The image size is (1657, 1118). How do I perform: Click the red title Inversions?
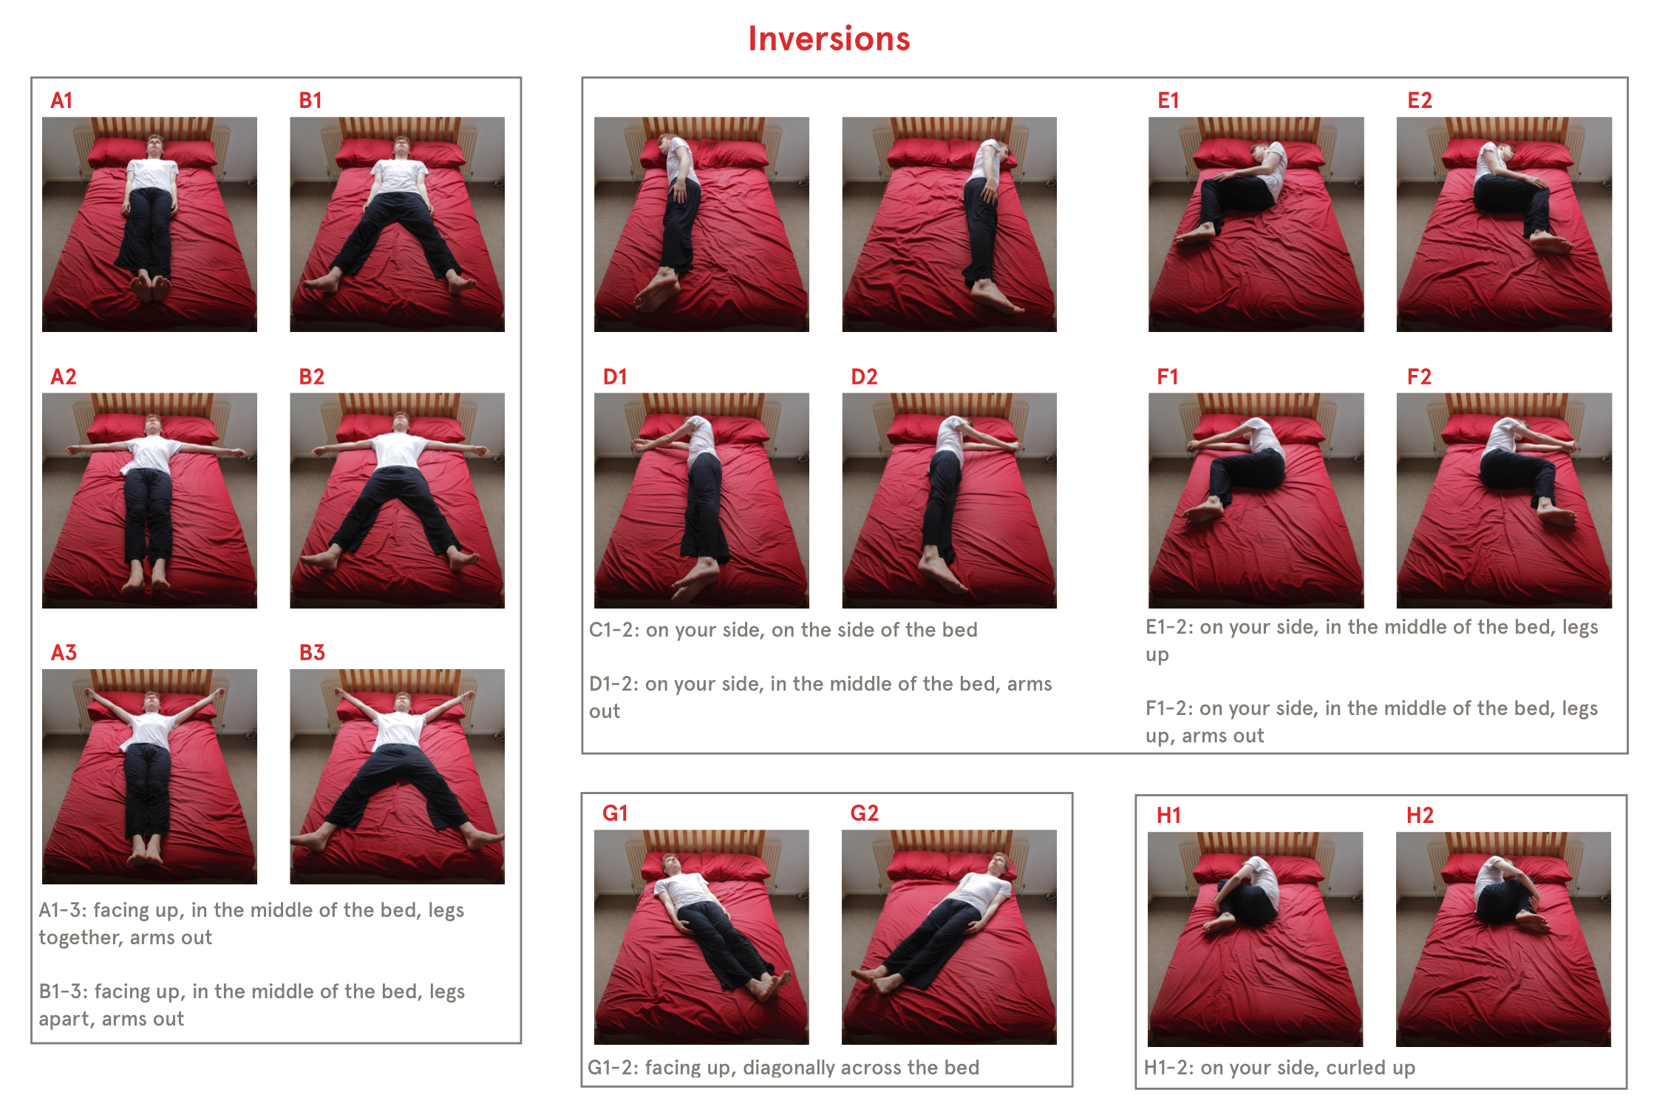point(828,38)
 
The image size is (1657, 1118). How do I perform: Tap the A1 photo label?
point(61,101)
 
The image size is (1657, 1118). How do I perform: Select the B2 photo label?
point(311,377)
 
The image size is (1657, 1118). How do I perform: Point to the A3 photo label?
point(64,653)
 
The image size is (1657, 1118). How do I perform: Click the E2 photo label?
point(1420,101)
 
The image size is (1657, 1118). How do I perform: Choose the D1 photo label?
point(615,377)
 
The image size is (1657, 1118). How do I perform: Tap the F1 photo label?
point(1168,377)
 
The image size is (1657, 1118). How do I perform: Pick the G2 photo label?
point(865,813)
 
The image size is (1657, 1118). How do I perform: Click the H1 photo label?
point(1168,816)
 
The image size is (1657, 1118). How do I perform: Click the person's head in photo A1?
point(154,146)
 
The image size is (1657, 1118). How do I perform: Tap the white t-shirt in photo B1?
point(399,176)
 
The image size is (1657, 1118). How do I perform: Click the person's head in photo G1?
point(671,864)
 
